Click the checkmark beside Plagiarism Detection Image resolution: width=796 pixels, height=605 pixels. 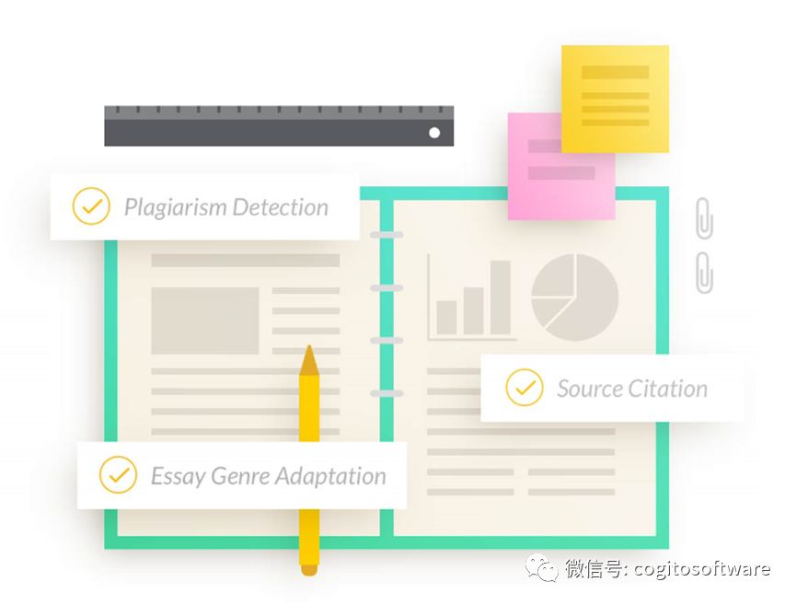pyautogui.click(x=91, y=206)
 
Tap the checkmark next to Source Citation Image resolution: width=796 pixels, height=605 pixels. pyautogui.click(x=525, y=388)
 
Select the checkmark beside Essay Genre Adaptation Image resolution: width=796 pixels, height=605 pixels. pyautogui.click(x=118, y=475)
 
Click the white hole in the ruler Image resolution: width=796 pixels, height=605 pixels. pyautogui.click(x=434, y=133)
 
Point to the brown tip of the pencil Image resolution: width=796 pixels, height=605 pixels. pyautogui.click(x=309, y=361)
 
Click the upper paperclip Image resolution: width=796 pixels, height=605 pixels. pyautogui.click(x=704, y=218)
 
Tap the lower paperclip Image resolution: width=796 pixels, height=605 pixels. pyautogui.click(x=704, y=272)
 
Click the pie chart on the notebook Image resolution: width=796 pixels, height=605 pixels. pyautogui.click(x=575, y=297)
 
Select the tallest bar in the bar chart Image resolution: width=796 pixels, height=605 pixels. pyautogui.click(x=500, y=297)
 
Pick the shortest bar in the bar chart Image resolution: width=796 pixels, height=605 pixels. pyautogui.click(x=446, y=317)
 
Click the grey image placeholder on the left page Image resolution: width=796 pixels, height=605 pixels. pyautogui.click(x=204, y=320)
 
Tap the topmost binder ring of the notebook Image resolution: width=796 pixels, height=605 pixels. pyautogui.click(x=386, y=236)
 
